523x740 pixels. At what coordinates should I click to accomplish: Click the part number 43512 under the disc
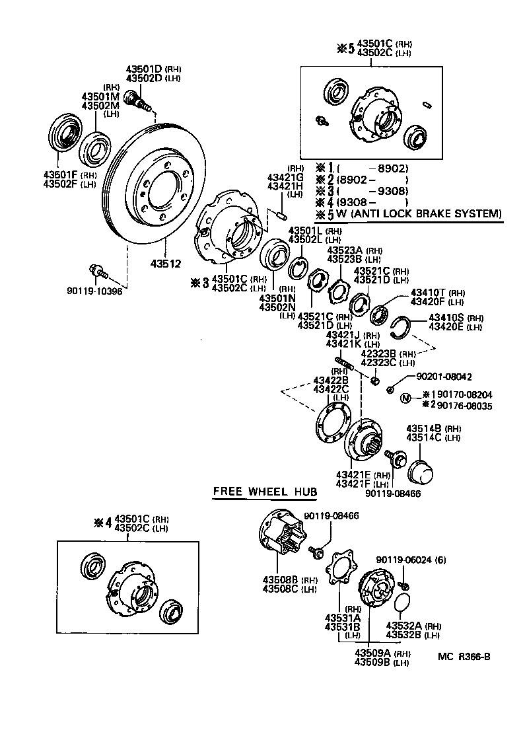coord(166,263)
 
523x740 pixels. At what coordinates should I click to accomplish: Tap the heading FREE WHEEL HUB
coord(264,492)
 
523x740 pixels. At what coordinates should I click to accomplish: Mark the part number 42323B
coord(378,353)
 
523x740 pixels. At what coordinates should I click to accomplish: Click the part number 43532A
coord(404,626)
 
